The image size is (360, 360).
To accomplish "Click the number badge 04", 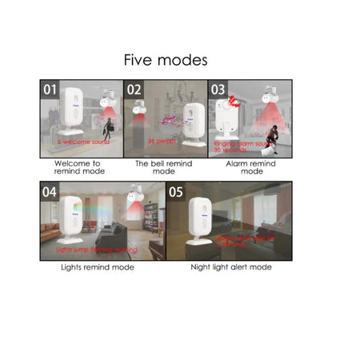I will click(x=50, y=192).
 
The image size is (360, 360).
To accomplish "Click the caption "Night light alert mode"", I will click(x=230, y=267).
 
